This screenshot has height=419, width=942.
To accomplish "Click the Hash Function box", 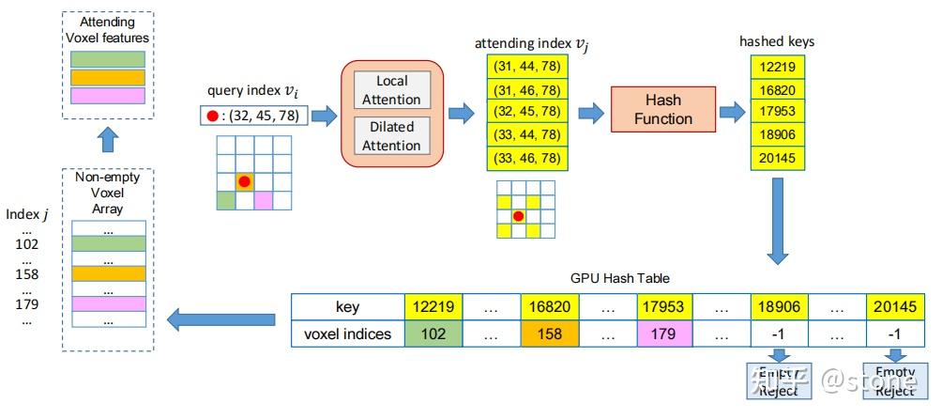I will tap(663, 109).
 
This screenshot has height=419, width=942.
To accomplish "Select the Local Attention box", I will tap(392, 90).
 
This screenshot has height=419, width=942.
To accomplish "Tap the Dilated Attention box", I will tap(392, 135).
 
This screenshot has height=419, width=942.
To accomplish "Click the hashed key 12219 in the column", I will tap(777, 68).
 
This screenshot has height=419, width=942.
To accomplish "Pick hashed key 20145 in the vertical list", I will tap(777, 157).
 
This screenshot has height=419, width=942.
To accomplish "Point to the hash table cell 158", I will tap(549, 334).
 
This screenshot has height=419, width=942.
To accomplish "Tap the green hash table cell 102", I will tap(433, 334).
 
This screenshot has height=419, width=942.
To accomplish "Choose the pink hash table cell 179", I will tap(665, 334).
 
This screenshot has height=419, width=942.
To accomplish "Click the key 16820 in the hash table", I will tap(549, 307).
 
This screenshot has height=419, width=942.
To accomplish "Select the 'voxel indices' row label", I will tap(347, 334).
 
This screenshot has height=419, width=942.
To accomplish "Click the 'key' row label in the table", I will tap(347, 307).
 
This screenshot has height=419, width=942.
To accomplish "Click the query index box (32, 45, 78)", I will tap(253, 116).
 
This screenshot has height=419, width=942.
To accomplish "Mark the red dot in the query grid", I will tap(244, 180).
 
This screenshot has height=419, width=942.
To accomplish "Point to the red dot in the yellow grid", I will tap(517, 216).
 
